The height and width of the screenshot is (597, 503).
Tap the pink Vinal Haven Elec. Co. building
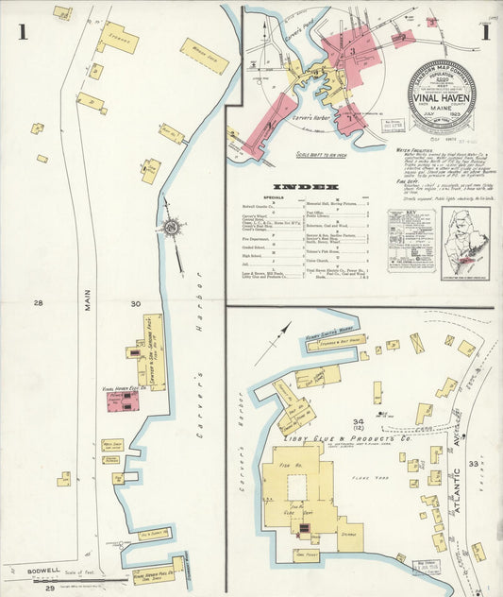click(123, 401)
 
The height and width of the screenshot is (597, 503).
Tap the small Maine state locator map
click(465, 243)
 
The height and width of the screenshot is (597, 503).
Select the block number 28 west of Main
click(39, 303)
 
